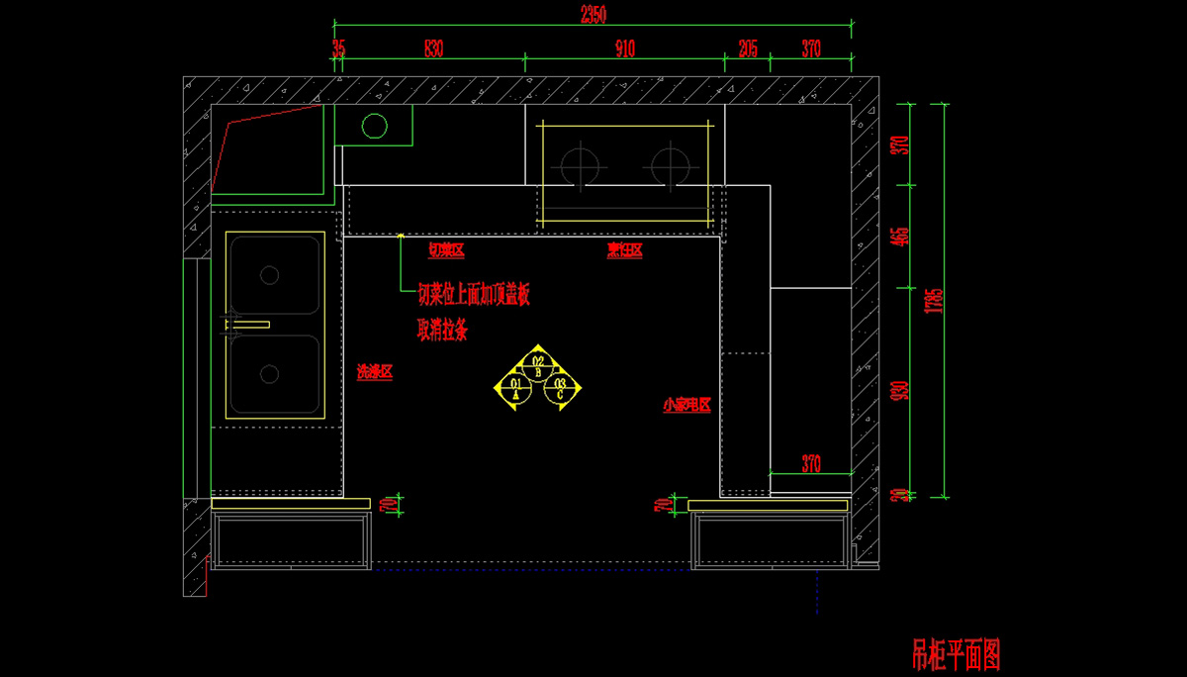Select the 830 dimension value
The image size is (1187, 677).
pyautogui.click(x=433, y=48)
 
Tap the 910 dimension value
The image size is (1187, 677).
pyautogui.click(x=625, y=48)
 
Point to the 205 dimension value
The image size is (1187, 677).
pyautogui.click(x=748, y=48)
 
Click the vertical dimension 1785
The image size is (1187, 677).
pyautogui.click(x=927, y=300)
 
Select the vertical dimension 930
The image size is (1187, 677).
pyautogui.click(x=899, y=391)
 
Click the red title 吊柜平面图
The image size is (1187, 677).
pyautogui.click(x=957, y=654)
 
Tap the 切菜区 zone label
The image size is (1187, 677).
pyautogui.click(x=445, y=250)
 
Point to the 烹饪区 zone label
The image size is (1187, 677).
pyautogui.click(x=625, y=250)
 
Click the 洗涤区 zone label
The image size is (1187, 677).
pyautogui.click(x=375, y=372)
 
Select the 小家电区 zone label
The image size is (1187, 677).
pyautogui.click(x=687, y=405)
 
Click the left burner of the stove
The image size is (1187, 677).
pyautogui.click(x=580, y=164)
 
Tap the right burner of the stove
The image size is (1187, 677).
pyautogui.click(x=670, y=164)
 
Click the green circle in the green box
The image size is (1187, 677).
pyautogui.click(x=375, y=126)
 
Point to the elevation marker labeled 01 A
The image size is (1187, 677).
pyautogui.click(x=515, y=388)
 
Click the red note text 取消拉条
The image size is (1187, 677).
pyautogui.click(x=442, y=330)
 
